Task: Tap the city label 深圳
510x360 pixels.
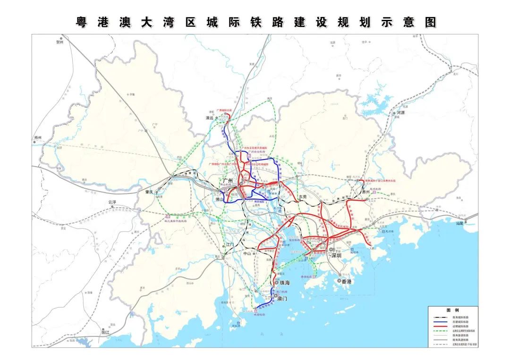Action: click(336, 255)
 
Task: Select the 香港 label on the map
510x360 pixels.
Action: click(347, 281)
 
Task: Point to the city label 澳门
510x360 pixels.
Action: click(282, 298)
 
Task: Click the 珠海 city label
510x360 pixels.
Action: click(285, 283)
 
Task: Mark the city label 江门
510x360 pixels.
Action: click(230, 244)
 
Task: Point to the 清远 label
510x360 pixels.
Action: click(210, 117)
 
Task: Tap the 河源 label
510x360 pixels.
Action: click(401, 113)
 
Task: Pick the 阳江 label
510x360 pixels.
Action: click(105, 332)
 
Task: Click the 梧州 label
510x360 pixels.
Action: click(38, 138)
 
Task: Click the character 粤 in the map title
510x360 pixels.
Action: click(84, 22)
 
